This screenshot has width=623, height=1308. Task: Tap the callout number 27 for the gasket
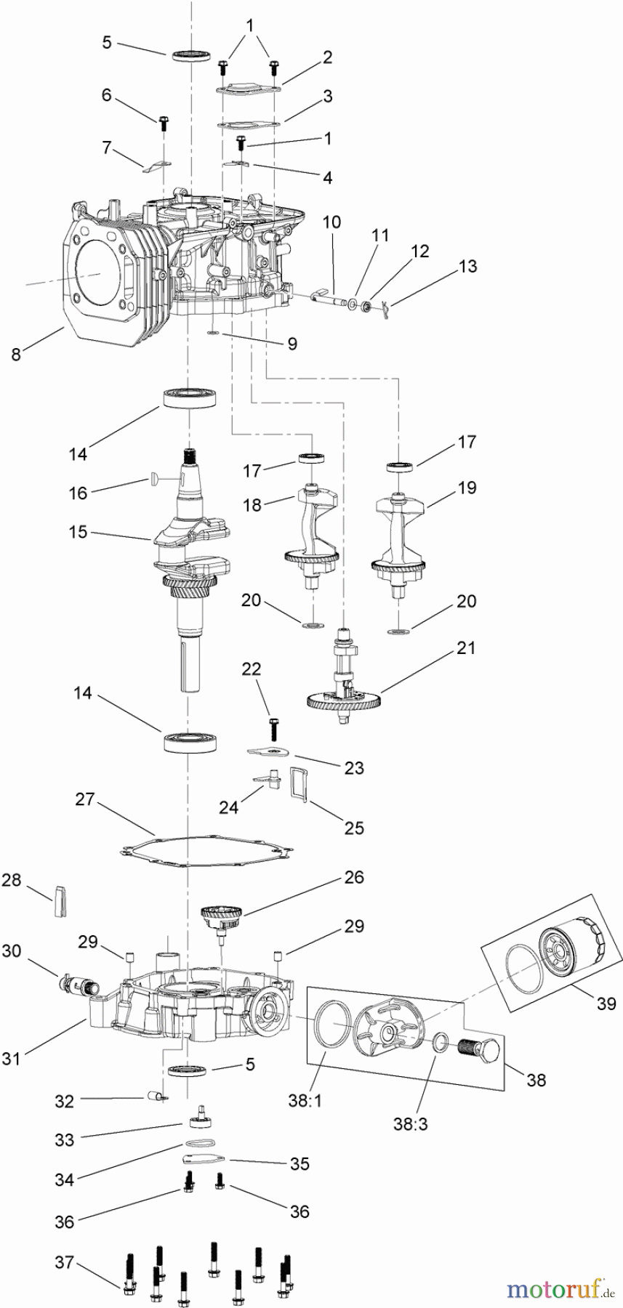[x=85, y=799]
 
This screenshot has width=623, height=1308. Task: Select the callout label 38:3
[x=411, y=1124]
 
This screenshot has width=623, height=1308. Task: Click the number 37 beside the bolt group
[x=65, y=1262]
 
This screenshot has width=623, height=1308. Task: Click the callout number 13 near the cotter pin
[x=467, y=266]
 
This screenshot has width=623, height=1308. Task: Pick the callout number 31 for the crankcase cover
[x=11, y=1059]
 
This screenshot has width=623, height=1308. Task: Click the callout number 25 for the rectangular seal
[x=354, y=828]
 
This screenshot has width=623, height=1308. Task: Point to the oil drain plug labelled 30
[x=73, y=985]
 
